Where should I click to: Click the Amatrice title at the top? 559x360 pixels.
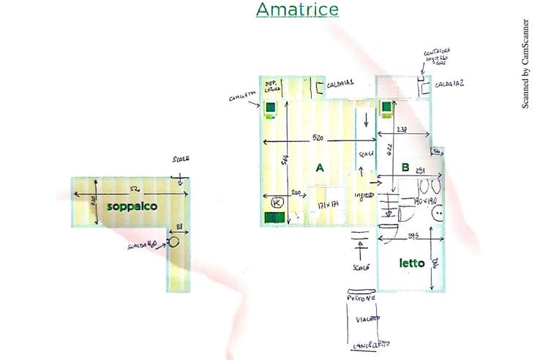(x=297, y=10)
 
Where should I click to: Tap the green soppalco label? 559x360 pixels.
(x=132, y=206)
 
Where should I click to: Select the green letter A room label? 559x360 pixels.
(x=319, y=168)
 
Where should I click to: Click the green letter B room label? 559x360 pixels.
(x=405, y=168)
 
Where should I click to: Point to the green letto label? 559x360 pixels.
(x=411, y=263)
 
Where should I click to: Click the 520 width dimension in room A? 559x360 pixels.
(x=320, y=137)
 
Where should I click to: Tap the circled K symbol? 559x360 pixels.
(x=277, y=201)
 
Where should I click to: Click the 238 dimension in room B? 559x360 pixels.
(x=401, y=130)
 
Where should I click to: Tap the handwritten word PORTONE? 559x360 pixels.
(x=361, y=299)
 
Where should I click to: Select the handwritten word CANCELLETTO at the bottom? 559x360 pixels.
(x=364, y=344)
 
